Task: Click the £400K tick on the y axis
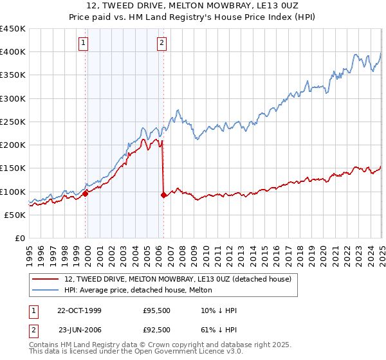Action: tap(13, 52)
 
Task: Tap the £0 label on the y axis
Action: tap(20, 239)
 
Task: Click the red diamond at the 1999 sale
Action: tap(86, 194)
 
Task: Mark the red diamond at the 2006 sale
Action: tap(163, 195)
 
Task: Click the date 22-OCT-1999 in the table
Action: tap(79, 310)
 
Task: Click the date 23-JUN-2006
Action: tap(79, 329)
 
